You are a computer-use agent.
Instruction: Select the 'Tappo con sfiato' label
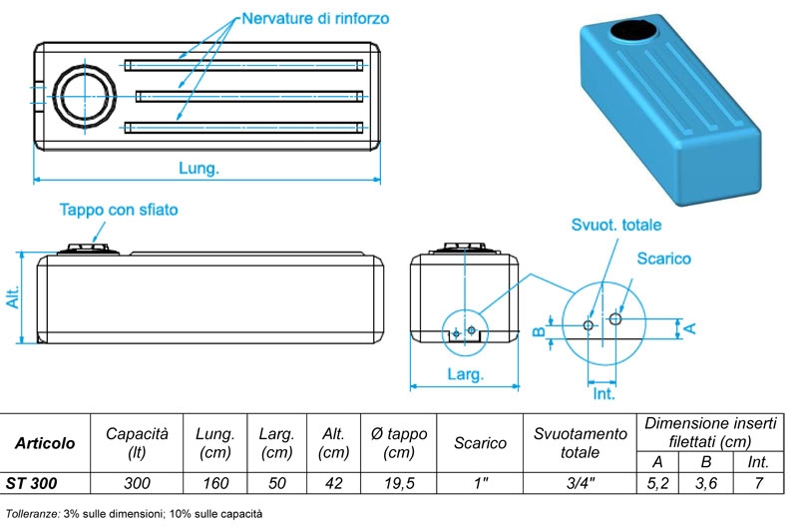[120, 211]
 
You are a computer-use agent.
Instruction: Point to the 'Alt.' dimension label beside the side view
[13, 297]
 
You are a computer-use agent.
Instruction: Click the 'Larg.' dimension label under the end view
[464, 375]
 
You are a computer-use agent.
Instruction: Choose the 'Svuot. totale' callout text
[615, 225]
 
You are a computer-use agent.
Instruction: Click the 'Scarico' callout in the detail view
[664, 259]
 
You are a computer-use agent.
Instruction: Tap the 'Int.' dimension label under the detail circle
[603, 395]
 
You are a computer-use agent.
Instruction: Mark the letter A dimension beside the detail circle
[690, 326]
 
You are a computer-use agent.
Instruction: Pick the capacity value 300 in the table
[136, 483]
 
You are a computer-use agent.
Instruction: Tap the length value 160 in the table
[214, 483]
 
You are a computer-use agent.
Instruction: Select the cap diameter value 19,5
[398, 483]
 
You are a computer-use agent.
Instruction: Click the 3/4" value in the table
[579, 483]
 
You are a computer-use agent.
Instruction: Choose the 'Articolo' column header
[45, 442]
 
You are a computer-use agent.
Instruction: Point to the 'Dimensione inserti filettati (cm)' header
[709, 432]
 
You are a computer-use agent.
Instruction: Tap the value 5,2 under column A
[657, 483]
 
